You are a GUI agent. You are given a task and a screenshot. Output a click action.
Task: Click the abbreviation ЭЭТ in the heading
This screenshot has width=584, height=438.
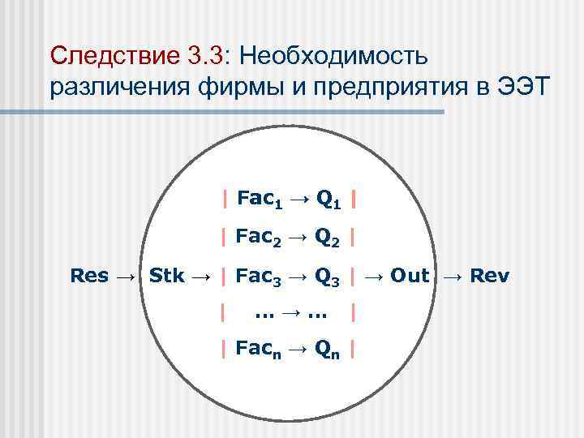point(519,87)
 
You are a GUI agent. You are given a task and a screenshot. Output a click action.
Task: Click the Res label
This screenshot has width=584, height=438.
point(89,276)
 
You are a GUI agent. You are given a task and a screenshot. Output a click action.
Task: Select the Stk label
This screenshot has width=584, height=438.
point(167,276)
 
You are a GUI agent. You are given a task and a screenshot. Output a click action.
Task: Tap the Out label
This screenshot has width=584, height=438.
point(409,276)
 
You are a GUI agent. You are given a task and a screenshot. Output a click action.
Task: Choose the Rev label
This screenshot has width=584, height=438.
point(490,276)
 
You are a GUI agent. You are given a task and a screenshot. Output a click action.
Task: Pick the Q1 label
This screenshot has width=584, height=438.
point(328,199)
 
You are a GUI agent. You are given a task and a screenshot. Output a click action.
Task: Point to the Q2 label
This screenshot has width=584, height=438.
point(328,238)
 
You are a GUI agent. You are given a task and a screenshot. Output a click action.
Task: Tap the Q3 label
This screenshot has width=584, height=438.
point(328,277)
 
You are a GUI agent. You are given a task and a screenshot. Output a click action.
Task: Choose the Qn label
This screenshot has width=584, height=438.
point(328,350)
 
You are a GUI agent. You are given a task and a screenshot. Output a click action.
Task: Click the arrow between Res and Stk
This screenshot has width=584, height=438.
point(127,276)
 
